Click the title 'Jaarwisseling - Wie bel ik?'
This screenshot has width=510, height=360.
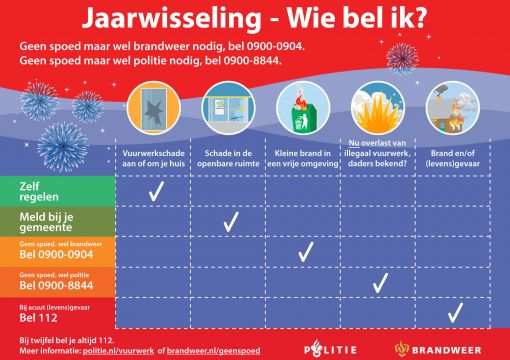click(x=255, y=19)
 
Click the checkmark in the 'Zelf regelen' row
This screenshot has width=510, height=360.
click(x=155, y=191)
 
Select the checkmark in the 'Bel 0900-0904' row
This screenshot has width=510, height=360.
click(x=304, y=253)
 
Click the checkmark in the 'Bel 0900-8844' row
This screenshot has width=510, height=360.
click(x=380, y=283)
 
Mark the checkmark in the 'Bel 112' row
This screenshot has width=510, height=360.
click(x=455, y=314)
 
